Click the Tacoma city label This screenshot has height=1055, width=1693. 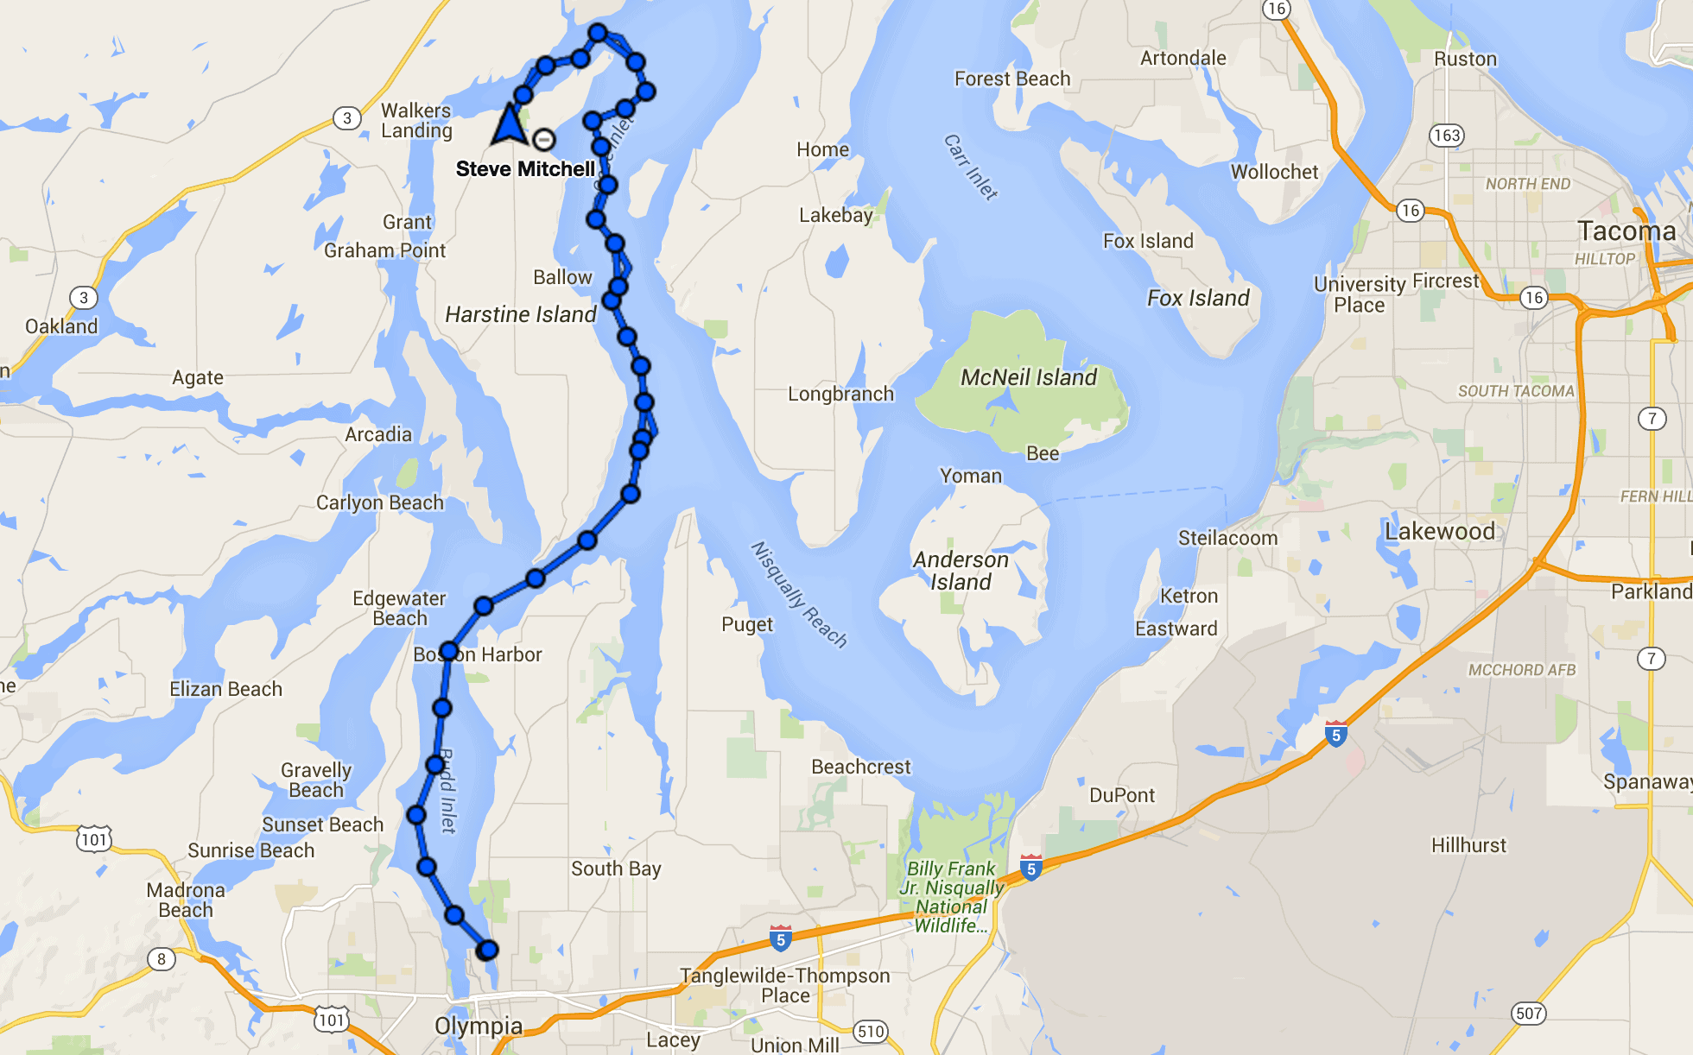point(1626,231)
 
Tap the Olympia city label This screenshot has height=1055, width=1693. point(479,1026)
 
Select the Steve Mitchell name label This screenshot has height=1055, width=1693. point(525,169)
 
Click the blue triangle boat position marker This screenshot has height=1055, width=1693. point(510,125)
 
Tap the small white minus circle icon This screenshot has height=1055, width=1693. point(543,139)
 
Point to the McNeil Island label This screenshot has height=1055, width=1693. point(1028,377)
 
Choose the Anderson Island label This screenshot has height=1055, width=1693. point(961,571)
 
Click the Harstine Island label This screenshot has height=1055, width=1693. point(520,314)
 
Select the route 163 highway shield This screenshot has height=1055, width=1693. point(1446,136)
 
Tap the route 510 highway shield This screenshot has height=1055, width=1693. point(871,1031)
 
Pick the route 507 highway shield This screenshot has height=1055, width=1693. point(1528,1013)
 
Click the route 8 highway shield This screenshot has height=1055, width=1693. point(161,958)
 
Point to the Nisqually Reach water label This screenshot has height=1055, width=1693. point(798,594)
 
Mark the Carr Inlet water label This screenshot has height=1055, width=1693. point(971,167)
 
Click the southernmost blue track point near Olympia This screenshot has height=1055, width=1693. point(487,950)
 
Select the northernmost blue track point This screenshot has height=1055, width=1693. point(598,34)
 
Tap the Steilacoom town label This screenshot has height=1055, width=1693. point(1227,538)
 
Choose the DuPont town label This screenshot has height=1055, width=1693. point(1121,795)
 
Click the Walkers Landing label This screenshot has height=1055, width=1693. point(416,121)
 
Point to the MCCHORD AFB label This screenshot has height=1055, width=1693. point(1522,670)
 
